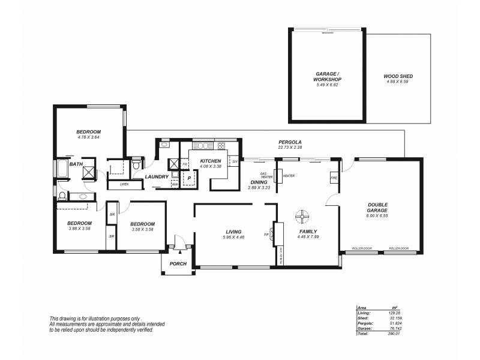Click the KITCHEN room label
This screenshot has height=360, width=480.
coord(211,161)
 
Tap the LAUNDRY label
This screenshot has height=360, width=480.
coord(157,177)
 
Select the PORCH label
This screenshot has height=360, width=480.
coord(178,264)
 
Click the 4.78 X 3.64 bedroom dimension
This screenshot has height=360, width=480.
coord(88,137)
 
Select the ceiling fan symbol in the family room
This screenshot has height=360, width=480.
coord(303,215)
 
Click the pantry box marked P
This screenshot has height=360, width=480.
coord(189,178)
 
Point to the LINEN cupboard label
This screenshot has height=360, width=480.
coord(124,184)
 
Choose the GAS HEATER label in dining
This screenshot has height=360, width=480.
coord(267,176)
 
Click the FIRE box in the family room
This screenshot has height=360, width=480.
coord(334,179)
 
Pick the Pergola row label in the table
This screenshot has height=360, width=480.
coord(365,323)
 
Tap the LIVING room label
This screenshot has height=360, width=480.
coord(233,231)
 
